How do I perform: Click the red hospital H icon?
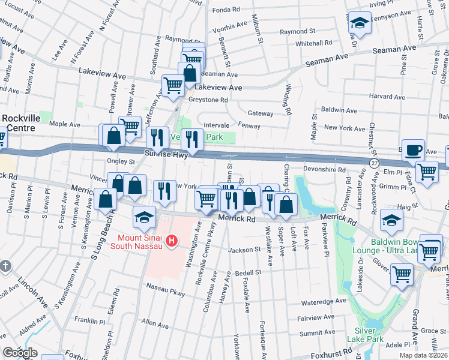coord(172,242)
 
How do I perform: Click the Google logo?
coord(20,353)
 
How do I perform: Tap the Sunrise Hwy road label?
coord(166,155)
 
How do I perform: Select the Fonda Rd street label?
coord(226,10)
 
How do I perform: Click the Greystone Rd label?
coord(208,100)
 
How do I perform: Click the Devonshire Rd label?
coord(325,170)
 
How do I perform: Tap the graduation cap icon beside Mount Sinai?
coord(145,217)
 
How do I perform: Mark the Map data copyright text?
coord(424,355)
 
